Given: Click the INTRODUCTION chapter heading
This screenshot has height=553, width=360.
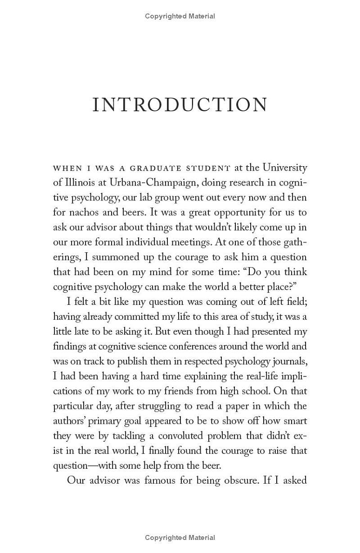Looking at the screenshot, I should (180, 104).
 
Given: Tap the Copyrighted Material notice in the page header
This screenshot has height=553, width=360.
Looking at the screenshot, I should (180, 16).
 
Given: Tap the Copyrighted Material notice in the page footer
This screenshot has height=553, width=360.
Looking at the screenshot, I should (180, 537).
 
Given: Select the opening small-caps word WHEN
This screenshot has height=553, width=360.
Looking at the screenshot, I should (67, 168).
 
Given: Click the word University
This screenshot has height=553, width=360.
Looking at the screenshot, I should (285, 168).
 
